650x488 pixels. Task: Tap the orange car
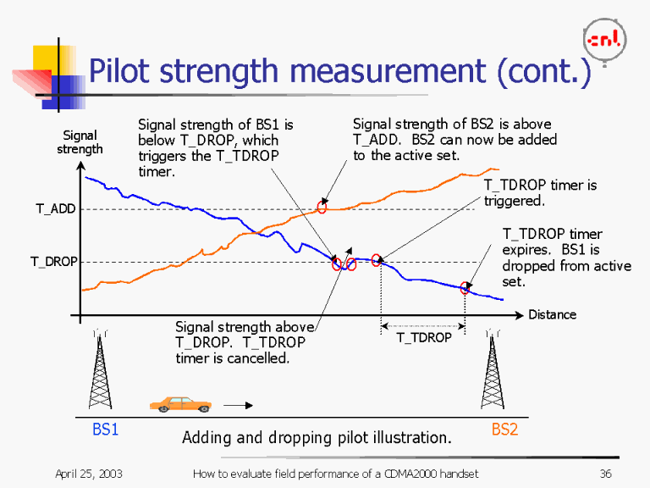coord(180,404)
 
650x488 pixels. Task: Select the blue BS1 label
coord(105,430)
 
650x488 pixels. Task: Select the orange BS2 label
coord(504,430)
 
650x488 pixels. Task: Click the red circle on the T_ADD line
coord(322,208)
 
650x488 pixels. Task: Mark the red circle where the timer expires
coord(465,288)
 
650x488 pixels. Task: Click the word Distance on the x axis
coord(552,314)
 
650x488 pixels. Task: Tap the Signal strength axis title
coord(80,141)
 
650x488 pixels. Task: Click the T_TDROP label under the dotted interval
coord(424,337)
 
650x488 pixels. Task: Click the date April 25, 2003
coord(89,474)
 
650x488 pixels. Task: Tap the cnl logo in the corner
coord(605,39)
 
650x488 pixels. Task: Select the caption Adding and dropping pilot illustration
coord(317,438)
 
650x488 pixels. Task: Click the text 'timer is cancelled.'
coord(232,358)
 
